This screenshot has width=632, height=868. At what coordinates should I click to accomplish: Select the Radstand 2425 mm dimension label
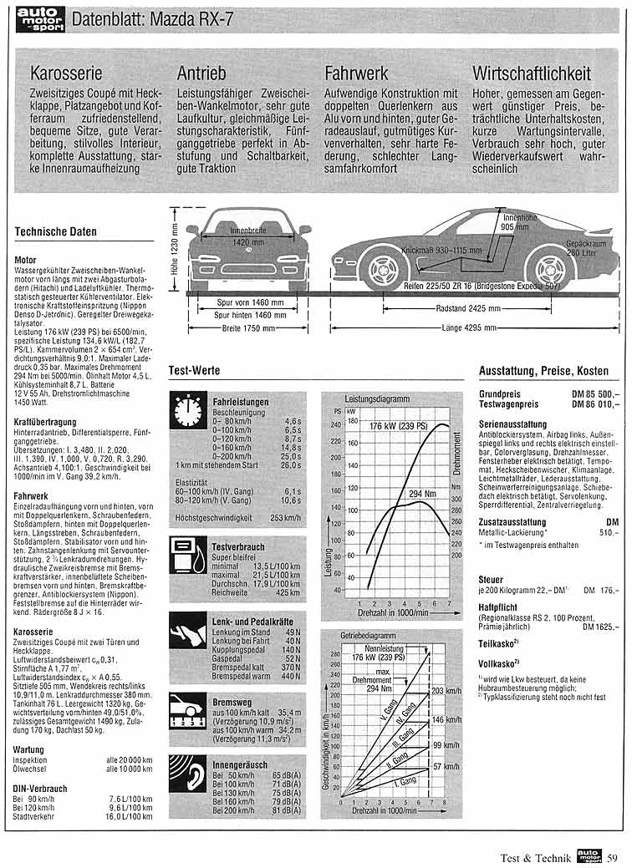click(x=458, y=308)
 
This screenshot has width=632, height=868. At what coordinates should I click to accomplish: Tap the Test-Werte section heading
click(x=195, y=369)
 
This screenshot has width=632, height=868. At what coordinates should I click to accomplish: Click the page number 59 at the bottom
click(x=612, y=856)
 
